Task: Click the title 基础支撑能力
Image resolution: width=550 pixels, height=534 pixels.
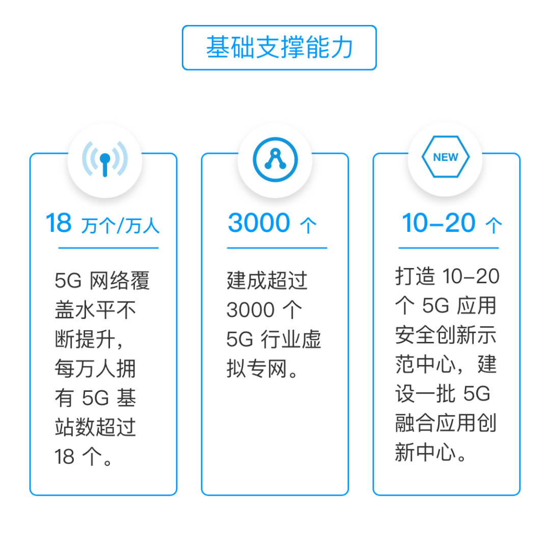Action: coord(279,48)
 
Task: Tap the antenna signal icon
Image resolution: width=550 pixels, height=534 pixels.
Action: coord(104,158)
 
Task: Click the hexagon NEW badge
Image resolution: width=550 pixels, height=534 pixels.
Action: coord(446,157)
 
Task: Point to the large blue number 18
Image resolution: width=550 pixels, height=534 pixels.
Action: coord(59,224)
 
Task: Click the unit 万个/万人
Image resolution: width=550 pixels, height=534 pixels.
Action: coord(120,226)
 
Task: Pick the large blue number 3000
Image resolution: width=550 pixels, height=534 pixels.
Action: coord(259,224)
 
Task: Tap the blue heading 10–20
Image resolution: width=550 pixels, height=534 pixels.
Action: coord(438,224)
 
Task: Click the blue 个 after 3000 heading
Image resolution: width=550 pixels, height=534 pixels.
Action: coord(308,226)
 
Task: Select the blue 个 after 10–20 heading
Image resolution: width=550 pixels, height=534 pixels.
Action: coord(493,226)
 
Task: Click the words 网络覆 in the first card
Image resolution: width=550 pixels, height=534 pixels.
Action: coord(120,281)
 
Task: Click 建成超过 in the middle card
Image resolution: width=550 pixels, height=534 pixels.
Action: coord(267,281)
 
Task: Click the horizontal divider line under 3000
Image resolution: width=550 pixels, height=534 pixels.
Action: coord(277,248)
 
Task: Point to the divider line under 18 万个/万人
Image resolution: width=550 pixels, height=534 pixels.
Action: coord(108,248)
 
